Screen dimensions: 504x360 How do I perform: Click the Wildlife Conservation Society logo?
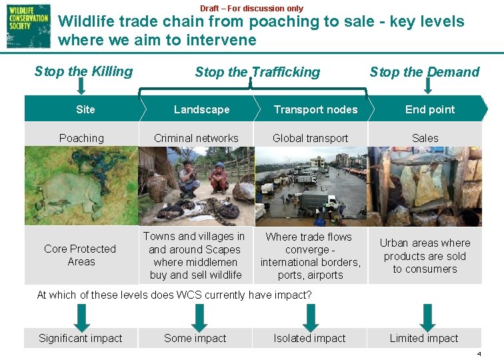click(x=28, y=25)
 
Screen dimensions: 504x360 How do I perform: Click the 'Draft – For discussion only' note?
click(x=251, y=8)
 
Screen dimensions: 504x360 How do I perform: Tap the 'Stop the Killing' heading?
click(x=83, y=71)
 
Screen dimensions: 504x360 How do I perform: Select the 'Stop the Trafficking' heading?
click(x=257, y=72)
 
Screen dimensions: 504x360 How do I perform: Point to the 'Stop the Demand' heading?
click(x=424, y=72)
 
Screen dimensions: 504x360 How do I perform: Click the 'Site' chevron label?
click(x=85, y=109)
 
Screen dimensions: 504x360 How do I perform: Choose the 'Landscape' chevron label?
click(x=201, y=109)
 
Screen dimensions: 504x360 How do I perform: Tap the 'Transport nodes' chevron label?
click(x=315, y=109)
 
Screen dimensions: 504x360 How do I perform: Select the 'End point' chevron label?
click(x=430, y=109)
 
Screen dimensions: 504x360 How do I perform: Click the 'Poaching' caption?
click(x=81, y=138)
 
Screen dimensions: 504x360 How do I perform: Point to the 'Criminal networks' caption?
click(x=196, y=138)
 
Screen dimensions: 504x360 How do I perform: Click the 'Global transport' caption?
click(x=311, y=138)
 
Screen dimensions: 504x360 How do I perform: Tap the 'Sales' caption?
click(x=425, y=138)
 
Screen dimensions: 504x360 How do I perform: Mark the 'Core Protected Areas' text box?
click(x=80, y=255)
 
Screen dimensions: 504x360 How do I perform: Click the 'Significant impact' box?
click(x=81, y=338)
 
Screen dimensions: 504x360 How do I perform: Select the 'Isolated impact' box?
click(x=310, y=338)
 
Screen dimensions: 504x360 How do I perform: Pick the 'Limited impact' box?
click(x=424, y=338)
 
